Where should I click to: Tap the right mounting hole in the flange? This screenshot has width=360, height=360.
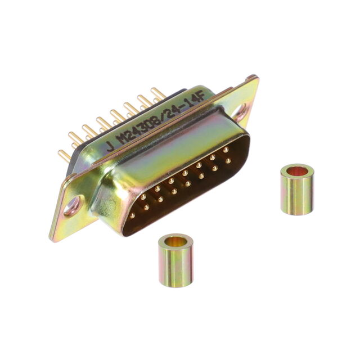(x=240, y=113)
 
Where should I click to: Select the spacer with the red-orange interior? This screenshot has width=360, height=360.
(x=298, y=189)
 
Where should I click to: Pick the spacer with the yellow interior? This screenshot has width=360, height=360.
(x=176, y=260)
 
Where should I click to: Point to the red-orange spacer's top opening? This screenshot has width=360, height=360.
(x=298, y=171)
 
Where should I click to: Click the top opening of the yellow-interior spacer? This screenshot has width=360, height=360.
(x=176, y=241)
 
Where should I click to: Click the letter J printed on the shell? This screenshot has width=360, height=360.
(x=110, y=146)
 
